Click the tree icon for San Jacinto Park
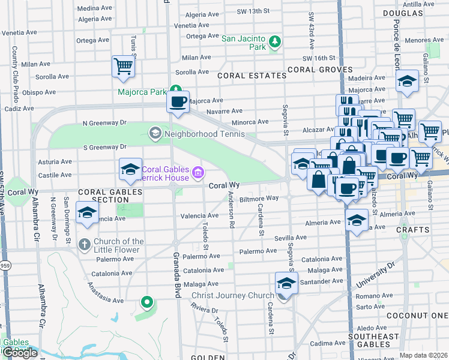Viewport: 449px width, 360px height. pyautogui.click(x=275, y=41)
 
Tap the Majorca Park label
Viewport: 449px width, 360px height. pyautogui.click(x=142, y=92)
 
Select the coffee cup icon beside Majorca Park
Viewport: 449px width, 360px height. pyautogui.click(x=177, y=101)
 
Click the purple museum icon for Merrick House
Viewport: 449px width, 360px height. pyautogui.click(x=197, y=174)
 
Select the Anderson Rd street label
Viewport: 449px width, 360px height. pyautogui.click(x=232, y=209)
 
